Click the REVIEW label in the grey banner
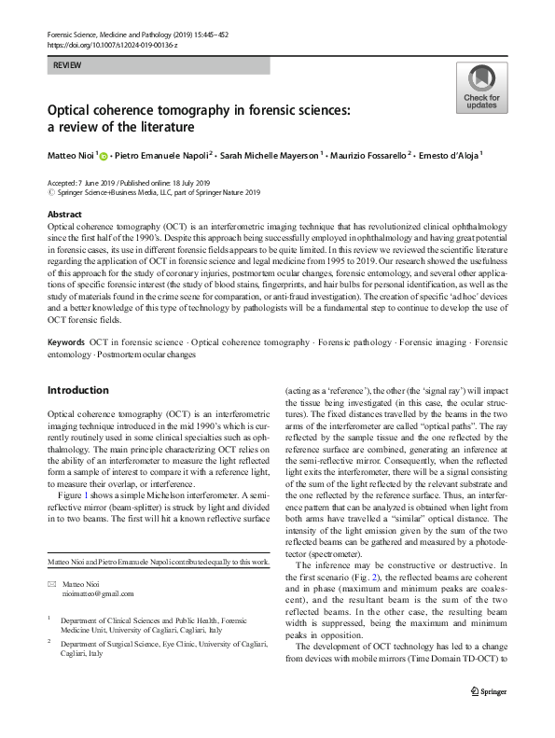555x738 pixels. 66,66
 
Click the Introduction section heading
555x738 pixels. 78,389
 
